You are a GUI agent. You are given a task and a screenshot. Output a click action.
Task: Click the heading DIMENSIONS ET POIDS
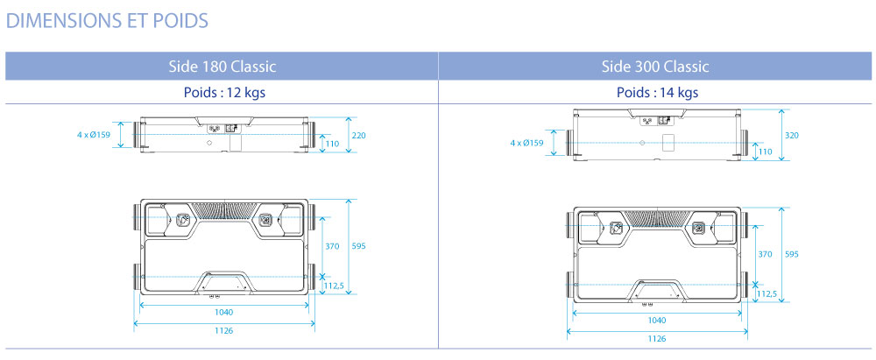[107, 20]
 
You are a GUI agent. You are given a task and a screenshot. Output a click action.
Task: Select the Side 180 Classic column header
[222, 67]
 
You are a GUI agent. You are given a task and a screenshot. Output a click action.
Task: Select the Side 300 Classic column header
[655, 67]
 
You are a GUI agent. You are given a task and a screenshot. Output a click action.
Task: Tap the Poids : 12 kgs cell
[222, 93]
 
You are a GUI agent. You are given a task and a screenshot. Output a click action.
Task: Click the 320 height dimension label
[792, 135]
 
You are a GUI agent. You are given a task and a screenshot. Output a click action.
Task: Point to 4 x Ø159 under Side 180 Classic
[94, 135]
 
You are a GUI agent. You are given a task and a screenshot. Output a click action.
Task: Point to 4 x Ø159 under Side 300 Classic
[527, 143]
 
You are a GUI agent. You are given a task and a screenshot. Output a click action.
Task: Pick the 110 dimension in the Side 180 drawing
[332, 143]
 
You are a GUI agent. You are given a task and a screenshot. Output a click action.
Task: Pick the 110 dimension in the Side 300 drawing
[766, 152]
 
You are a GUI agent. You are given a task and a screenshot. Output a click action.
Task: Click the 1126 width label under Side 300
[656, 338]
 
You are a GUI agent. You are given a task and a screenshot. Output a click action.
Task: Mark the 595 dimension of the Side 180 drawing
[359, 247]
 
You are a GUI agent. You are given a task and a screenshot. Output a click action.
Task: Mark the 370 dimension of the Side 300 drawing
[766, 254]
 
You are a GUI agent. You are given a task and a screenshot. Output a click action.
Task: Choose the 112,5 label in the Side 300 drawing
[766, 294]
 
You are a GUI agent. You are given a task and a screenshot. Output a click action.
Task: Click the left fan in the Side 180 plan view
[182, 221]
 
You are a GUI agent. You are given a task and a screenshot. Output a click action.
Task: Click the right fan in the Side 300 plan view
[698, 228]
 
